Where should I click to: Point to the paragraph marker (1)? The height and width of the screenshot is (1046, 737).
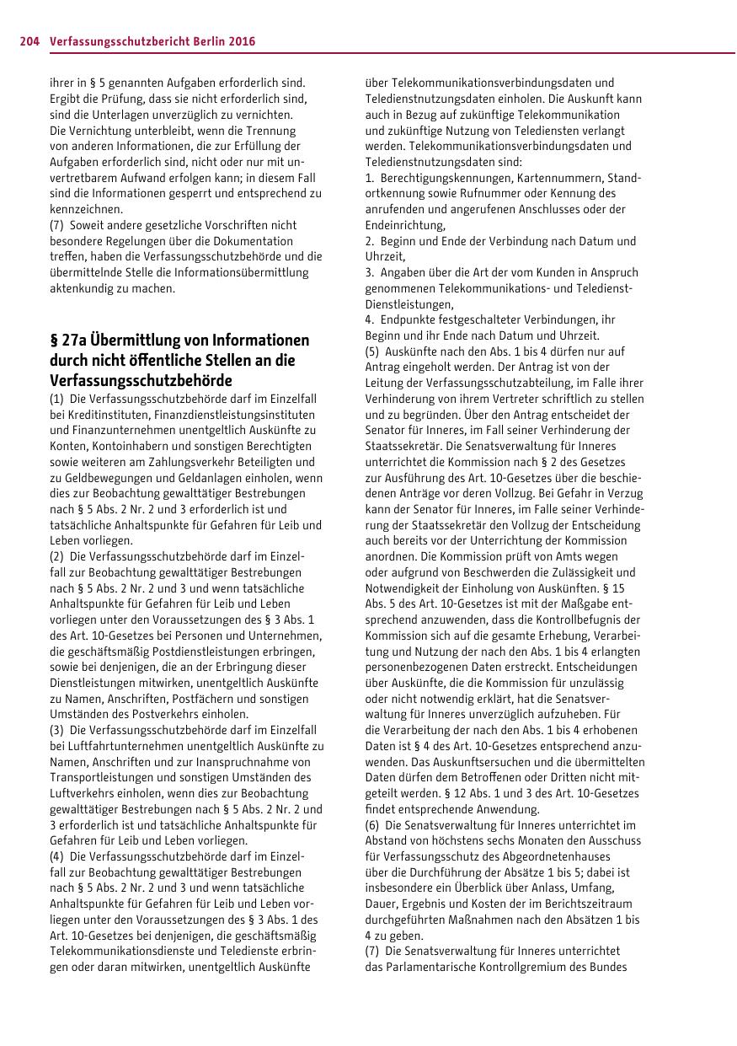click(x=56, y=399)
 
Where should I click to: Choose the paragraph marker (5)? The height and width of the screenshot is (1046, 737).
click(x=372, y=351)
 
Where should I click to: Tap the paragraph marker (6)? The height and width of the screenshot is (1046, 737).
click(x=372, y=824)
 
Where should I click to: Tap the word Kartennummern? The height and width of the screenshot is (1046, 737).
click(x=559, y=178)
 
